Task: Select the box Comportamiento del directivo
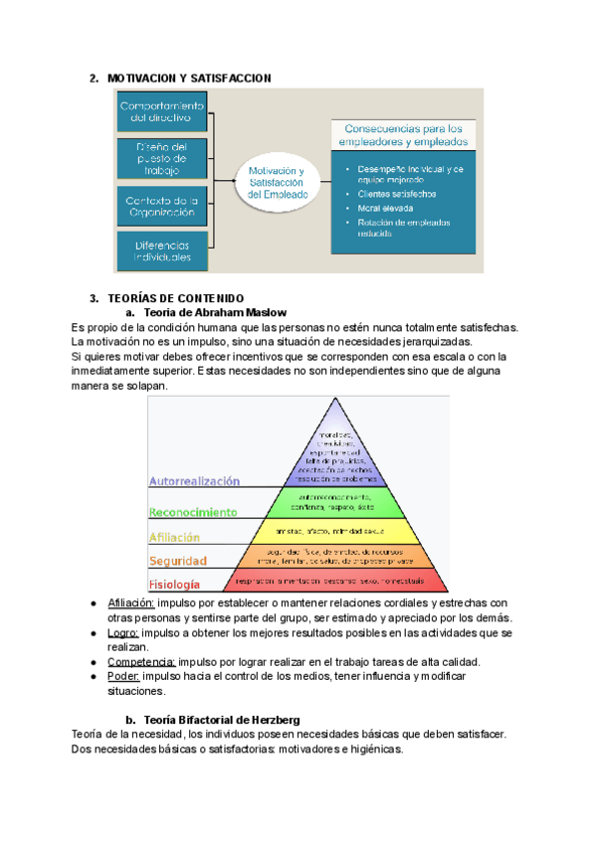161,111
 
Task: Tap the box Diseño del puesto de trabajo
161,157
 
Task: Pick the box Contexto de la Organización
161,206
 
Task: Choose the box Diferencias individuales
161,251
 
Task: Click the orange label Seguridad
177,561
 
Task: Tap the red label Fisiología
174,584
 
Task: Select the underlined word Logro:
123,632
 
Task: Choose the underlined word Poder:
124,676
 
